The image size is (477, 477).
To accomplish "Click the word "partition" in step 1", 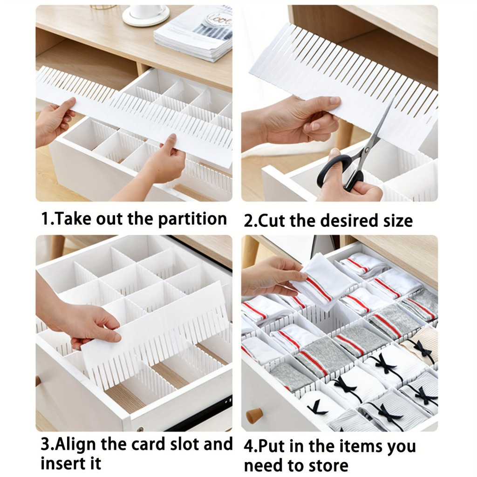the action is tap(192, 219).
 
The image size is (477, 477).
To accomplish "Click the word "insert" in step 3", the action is tap(60, 463).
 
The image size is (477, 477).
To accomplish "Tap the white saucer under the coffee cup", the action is tap(146, 16).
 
